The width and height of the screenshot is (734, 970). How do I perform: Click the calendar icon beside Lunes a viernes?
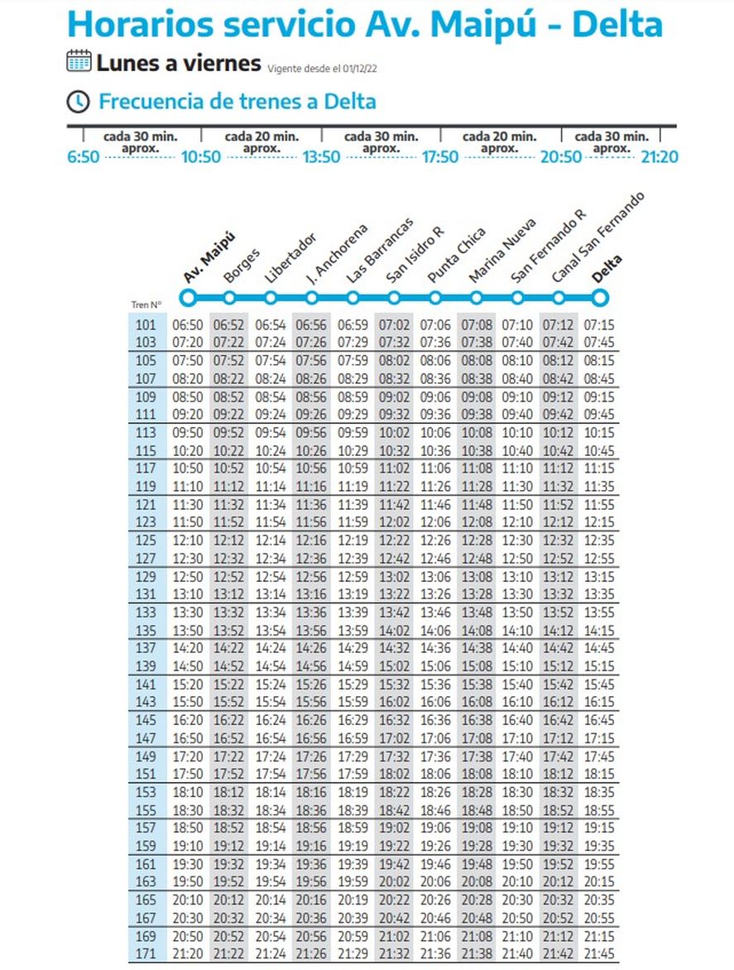pyautogui.click(x=79, y=61)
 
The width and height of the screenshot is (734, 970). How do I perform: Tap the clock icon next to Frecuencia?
pyautogui.click(x=78, y=102)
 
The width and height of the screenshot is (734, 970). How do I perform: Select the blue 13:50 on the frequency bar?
pyautogui.click(x=320, y=156)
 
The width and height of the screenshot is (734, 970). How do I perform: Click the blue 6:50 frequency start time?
pyautogui.click(x=83, y=156)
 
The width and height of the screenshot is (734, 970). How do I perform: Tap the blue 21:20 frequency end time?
pyautogui.click(x=660, y=156)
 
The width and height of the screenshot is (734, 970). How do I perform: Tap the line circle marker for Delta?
pyautogui.click(x=601, y=297)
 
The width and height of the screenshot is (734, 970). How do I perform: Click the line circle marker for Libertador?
pyautogui.click(x=271, y=297)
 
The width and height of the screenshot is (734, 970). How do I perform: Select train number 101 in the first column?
pyautogui.click(x=145, y=325)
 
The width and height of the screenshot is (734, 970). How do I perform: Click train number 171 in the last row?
pyautogui.click(x=145, y=954)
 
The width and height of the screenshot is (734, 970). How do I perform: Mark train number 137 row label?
pyautogui.click(x=145, y=648)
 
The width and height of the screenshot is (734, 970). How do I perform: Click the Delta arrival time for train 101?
pyautogui.click(x=598, y=325)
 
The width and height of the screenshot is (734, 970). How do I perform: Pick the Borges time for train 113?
pyautogui.click(x=228, y=433)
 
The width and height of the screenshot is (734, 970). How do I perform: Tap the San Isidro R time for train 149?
pyautogui.click(x=394, y=756)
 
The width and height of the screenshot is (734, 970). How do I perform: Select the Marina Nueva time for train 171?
pyautogui.click(x=477, y=954)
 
